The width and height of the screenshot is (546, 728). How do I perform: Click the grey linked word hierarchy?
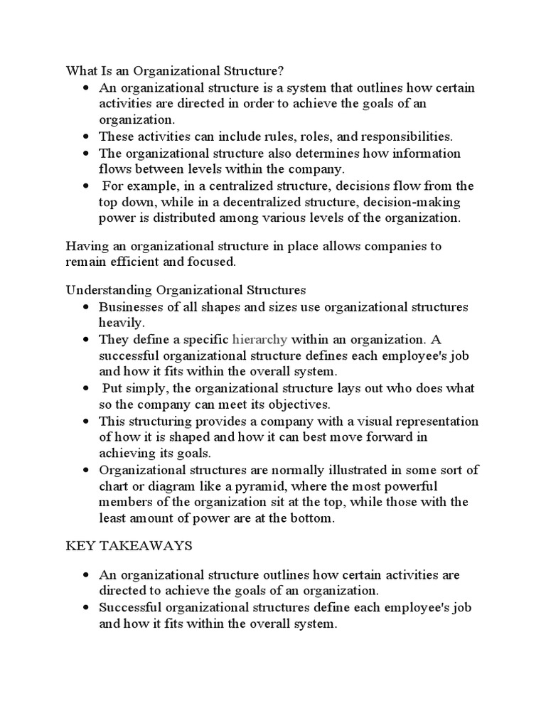[x=259, y=339]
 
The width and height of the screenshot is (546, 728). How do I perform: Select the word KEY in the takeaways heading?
[x=80, y=546]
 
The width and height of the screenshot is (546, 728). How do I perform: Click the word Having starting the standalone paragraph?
[x=85, y=246]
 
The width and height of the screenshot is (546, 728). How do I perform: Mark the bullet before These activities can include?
[x=86, y=136]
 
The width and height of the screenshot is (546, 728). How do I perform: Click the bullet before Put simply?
[x=86, y=388]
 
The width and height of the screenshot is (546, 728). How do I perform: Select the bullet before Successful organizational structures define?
[x=86, y=608]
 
